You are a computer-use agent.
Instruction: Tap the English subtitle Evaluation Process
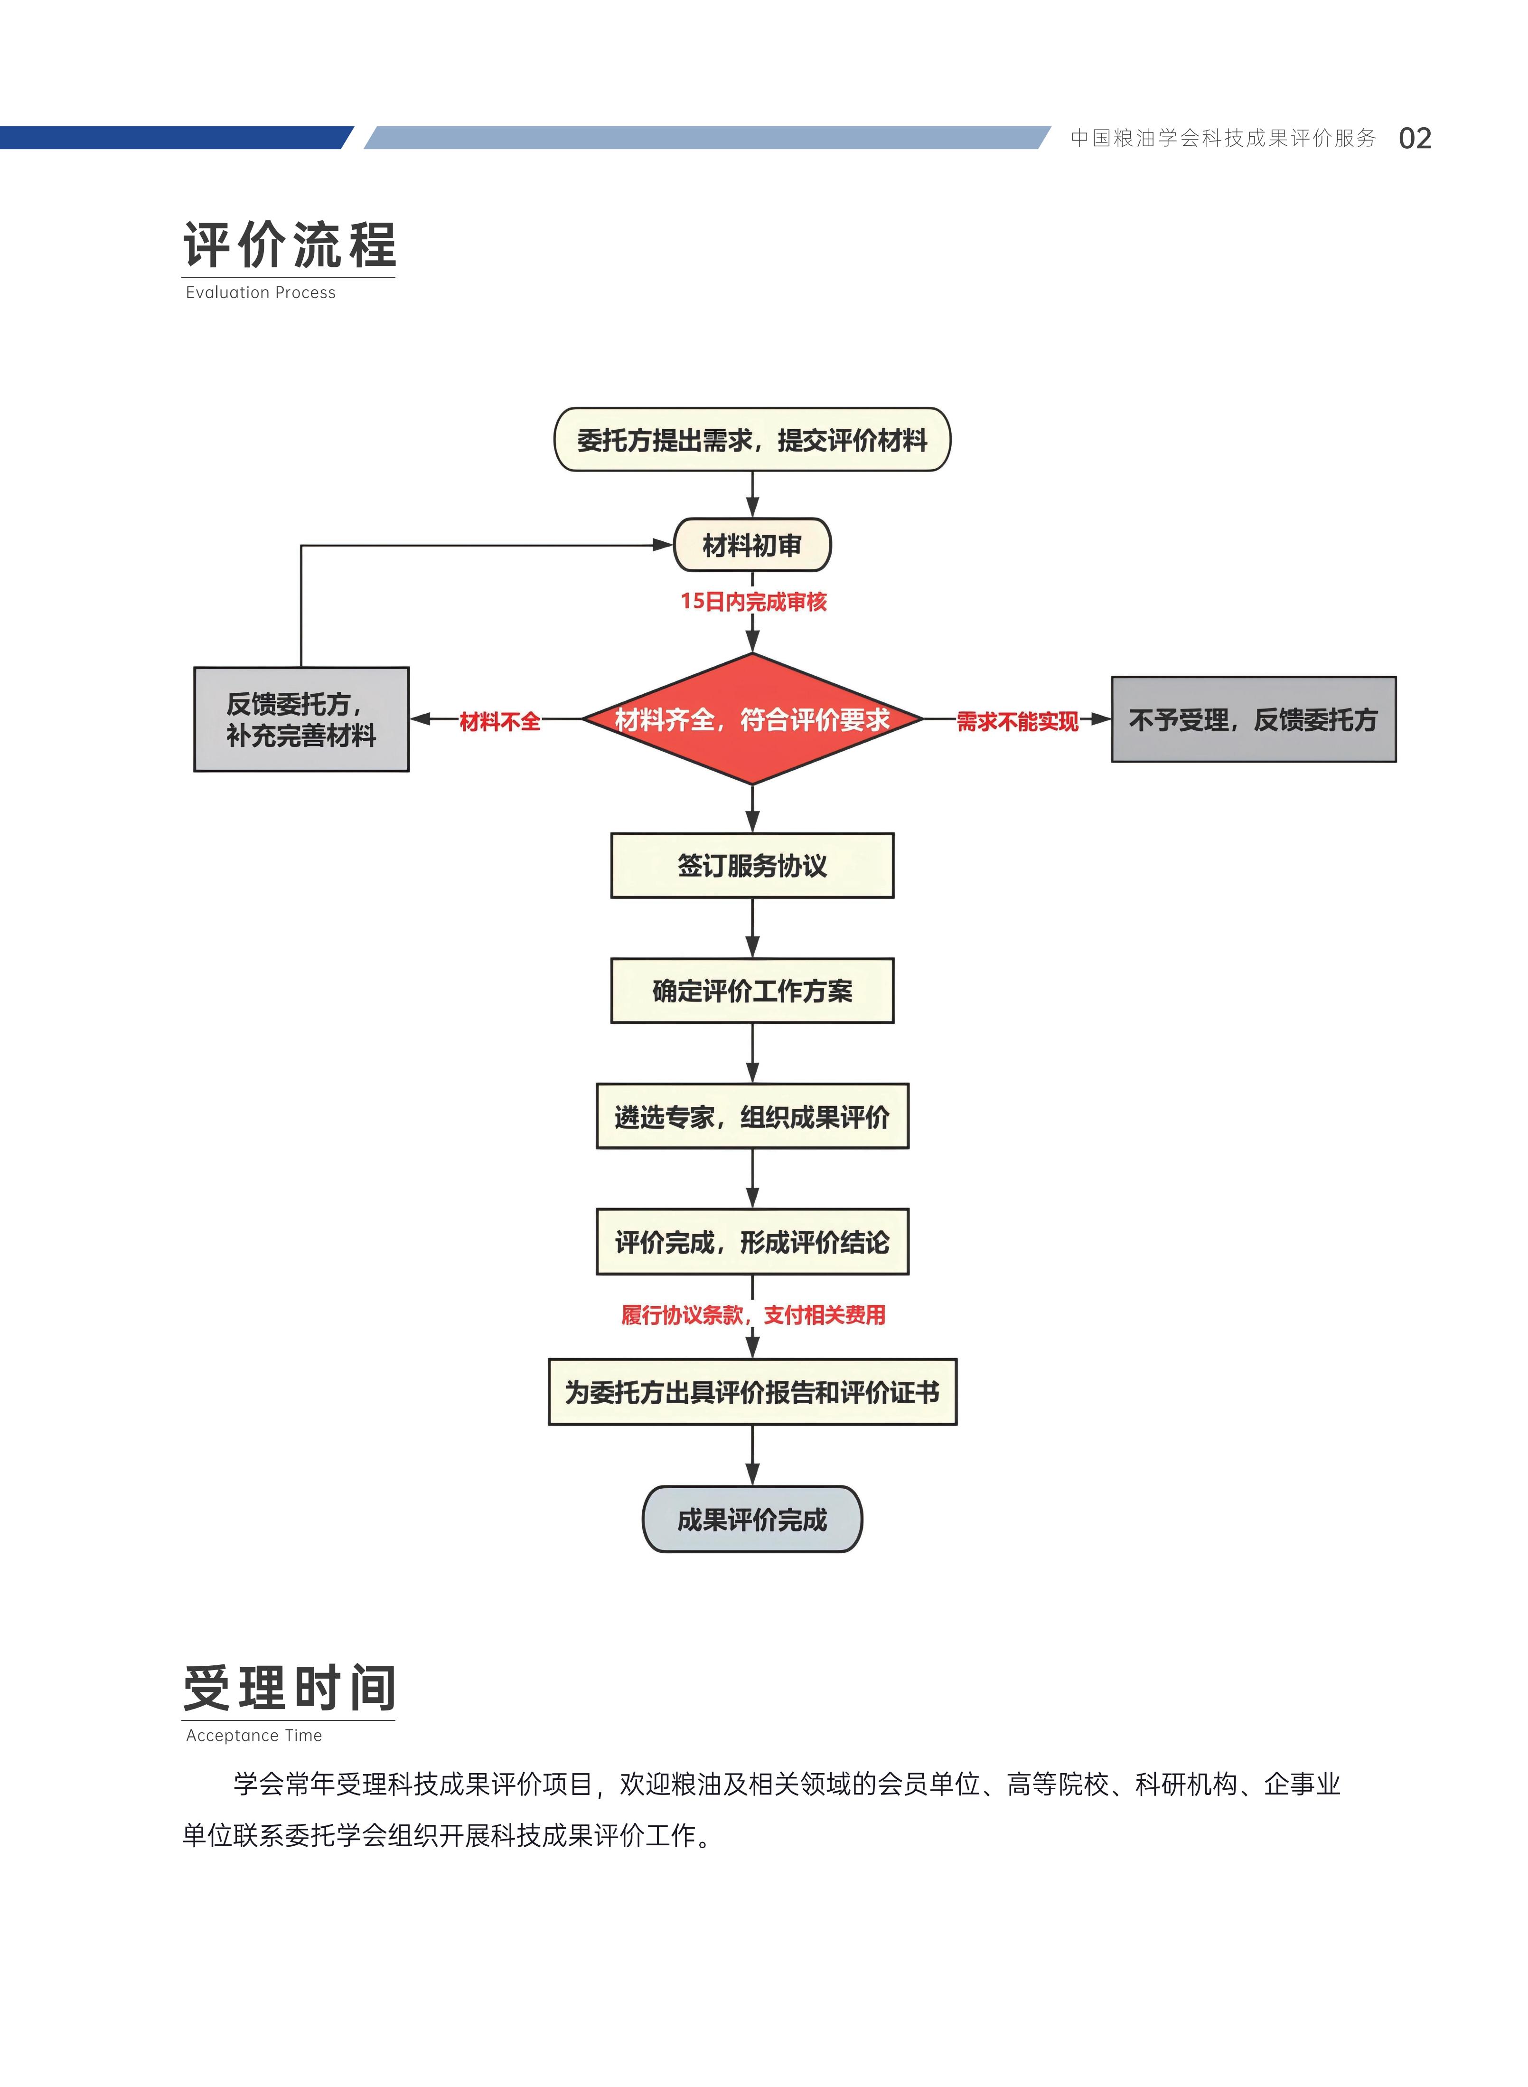[x=260, y=293]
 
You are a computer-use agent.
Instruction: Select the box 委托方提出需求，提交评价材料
[x=752, y=440]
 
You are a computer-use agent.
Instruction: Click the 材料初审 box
[x=752, y=546]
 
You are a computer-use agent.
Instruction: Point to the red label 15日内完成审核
[x=753, y=601]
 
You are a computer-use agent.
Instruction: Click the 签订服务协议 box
[x=752, y=866]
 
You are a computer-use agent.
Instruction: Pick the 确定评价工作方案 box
[x=752, y=991]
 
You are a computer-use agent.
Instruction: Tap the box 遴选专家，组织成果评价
[x=752, y=1116]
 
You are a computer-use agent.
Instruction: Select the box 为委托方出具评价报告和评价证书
[x=752, y=1392]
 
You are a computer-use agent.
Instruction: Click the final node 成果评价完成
[x=752, y=1520]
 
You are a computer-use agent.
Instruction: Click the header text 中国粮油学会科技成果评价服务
[x=1223, y=139]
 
